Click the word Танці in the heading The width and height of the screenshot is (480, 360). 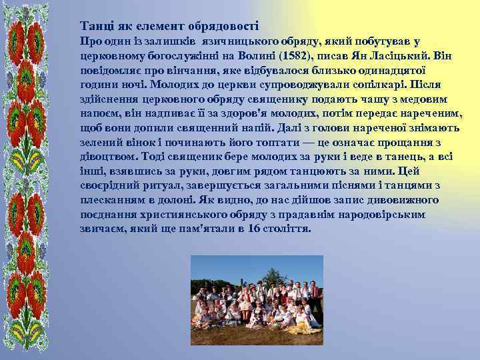95,27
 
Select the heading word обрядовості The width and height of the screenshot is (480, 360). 225,27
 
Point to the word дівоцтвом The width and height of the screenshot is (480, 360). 106,157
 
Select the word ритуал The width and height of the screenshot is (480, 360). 161,185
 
